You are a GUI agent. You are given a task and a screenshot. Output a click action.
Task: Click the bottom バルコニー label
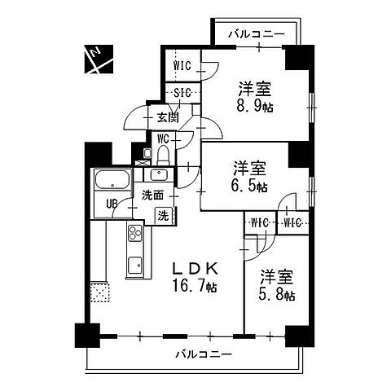[x=203, y=354]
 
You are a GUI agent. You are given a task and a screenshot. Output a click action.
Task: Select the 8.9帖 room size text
[x=254, y=106]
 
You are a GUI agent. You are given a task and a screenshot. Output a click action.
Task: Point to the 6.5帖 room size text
[x=250, y=187]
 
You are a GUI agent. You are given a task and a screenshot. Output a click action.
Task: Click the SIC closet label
[x=181, y=94]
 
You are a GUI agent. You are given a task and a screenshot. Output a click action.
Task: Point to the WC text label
[x=162, y=138]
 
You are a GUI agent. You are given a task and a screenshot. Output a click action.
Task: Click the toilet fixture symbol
[x=162, y=154]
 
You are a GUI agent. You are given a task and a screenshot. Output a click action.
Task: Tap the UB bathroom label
[x=108, y=204]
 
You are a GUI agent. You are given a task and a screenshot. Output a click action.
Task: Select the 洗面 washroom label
[x=152, y=195]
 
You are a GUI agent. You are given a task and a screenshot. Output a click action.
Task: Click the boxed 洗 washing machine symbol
[x=164, y=216]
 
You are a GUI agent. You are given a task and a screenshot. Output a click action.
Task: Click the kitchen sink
[x=134, y=264]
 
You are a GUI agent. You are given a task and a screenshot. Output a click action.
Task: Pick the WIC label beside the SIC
[x=181, y=65]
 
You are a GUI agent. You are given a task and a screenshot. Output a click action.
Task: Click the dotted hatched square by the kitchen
[x=100, y=291]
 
